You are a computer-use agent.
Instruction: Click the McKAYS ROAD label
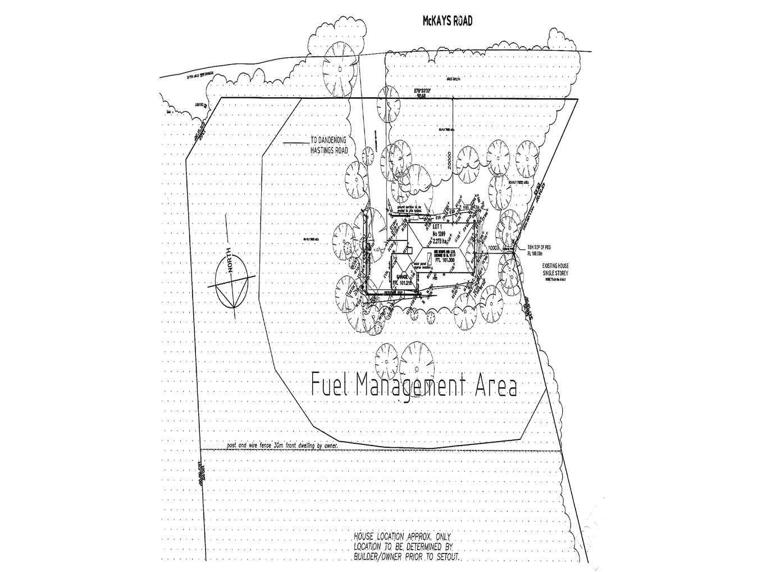pyautogui.click(x=447, y=21)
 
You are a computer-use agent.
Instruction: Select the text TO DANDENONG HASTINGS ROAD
pyautogui.click(x=330, y=147)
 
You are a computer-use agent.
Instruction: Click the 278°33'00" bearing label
pyautogui.click(x=425, y=90)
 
